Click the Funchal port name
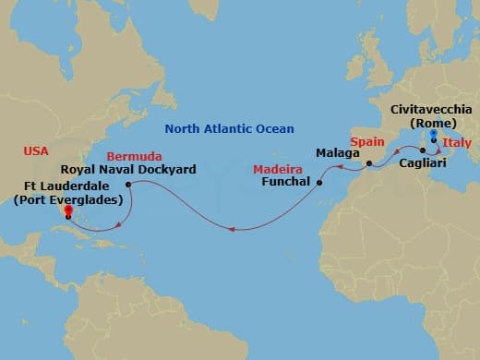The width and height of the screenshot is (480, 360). tap(288, 183)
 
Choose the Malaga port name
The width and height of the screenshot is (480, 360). tap(336, 152)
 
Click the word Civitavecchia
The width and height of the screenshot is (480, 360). tap(430, 109)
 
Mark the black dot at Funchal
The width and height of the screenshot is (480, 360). tap(319, 183)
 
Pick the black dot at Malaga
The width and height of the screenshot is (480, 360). tap(368, 165)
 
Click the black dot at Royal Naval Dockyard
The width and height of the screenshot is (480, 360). tap(127, 183)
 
